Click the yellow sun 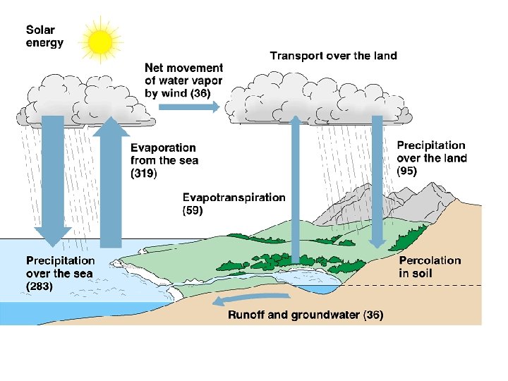point(100,42)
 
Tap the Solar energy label point(44,37)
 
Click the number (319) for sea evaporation point(145,173)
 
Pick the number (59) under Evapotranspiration point(193,210)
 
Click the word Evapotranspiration point(234,198)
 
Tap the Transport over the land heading point(334,56)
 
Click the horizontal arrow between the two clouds point(188,106)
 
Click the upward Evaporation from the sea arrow point(111,183)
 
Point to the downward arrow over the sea point(53,183)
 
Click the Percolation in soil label point(430,267)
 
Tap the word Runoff point(247,315)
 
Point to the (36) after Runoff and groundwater point(373,315)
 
